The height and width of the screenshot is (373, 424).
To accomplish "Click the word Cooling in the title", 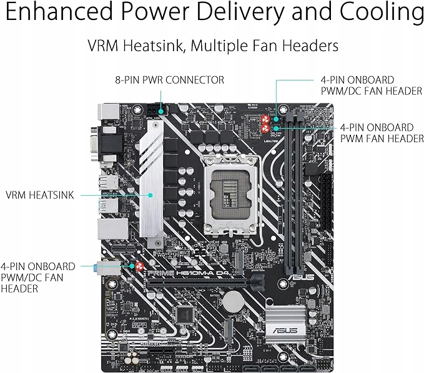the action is point(378,13).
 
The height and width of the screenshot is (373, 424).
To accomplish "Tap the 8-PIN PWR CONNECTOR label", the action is point(169,80).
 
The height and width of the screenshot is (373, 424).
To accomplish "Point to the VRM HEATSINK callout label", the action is point(39,195).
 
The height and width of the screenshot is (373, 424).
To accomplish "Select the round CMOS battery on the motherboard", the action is point(233,302).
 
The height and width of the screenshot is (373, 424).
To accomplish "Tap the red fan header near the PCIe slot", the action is point(139,267).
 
